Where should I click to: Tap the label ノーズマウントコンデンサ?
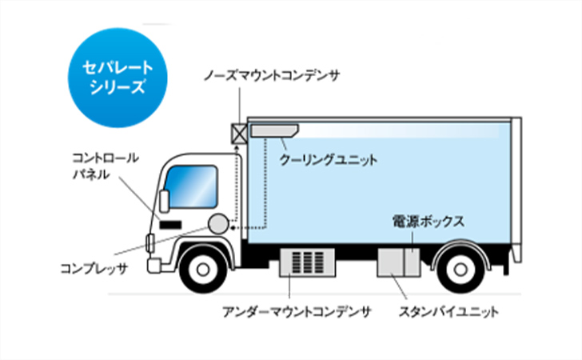272,75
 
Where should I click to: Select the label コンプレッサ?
94,269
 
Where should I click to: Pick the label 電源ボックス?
429,221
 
